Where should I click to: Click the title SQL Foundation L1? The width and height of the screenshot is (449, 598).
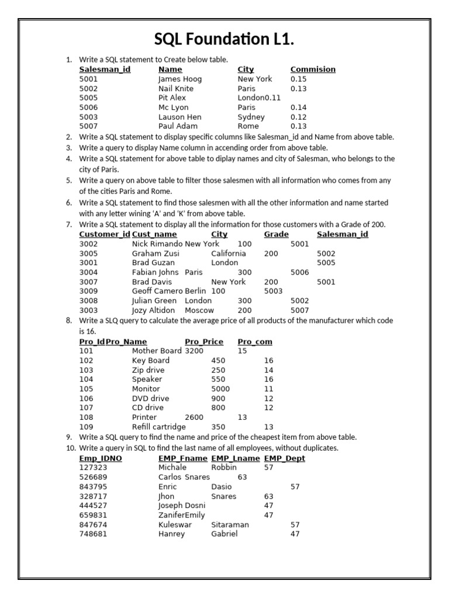point(224,39)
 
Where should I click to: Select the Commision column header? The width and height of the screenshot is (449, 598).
point(313,69)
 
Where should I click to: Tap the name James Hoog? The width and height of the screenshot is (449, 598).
point(179,79)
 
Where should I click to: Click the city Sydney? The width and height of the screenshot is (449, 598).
point(251,117)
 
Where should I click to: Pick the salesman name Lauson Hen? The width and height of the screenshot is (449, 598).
point(179,117)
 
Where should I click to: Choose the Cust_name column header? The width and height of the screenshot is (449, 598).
point(154,235)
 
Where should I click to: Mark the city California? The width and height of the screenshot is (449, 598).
point(228,254)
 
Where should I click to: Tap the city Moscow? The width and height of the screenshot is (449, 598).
point(199,311)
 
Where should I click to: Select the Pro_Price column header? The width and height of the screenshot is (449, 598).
point(204,342)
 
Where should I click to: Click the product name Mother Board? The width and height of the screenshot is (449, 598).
point(157,351)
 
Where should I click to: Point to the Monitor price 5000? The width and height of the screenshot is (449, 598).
point(220,389)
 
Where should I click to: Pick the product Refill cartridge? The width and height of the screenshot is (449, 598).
point(158,427)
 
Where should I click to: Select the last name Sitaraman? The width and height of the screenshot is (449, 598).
point(230,524)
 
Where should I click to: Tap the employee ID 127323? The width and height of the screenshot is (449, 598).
point(93,468)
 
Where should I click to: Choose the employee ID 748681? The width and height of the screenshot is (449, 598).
point(93,534)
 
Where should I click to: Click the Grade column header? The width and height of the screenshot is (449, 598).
point(276,235)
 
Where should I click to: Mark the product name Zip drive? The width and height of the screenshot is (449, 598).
point(148,370)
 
